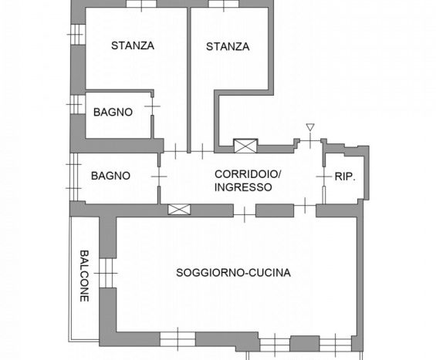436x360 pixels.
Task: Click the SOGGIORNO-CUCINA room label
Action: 233,273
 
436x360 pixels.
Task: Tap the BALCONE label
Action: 84,276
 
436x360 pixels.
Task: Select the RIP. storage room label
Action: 345,177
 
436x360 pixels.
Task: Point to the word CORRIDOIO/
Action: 248,174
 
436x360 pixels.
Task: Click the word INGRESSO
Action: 243,187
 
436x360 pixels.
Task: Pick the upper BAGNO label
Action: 113,113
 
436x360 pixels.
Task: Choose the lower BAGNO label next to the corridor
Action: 110,176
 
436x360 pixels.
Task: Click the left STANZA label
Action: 133,45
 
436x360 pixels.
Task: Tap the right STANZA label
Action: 228,47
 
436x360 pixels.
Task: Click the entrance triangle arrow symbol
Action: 310,127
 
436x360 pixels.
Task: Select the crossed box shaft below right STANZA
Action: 245,146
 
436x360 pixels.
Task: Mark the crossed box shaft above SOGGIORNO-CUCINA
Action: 179,210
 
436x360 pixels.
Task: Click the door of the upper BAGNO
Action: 152,106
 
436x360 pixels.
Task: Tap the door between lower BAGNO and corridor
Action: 159,177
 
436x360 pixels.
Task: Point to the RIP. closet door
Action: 324,177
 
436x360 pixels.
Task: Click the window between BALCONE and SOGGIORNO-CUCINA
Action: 106,274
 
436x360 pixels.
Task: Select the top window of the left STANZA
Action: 141,4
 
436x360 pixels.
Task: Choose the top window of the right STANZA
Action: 224,4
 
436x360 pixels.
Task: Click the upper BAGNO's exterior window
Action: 76,104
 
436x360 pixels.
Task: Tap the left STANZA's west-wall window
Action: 77,35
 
